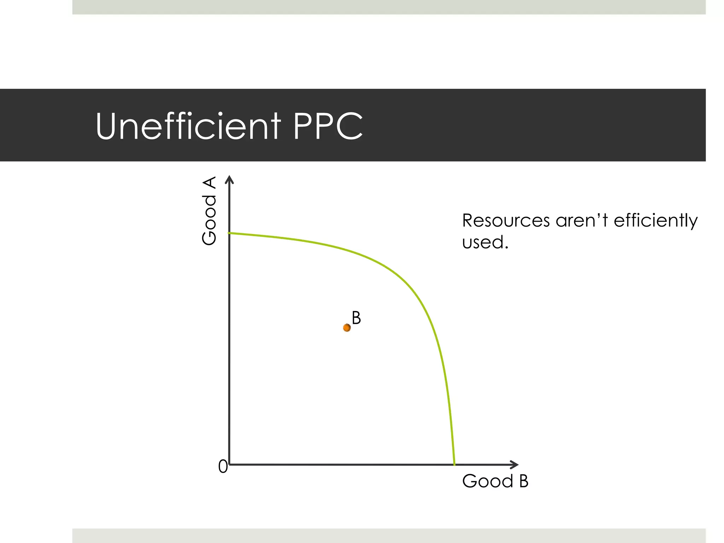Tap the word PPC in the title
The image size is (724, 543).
[x=328, y=126]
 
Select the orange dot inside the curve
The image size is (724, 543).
[x=347, y=328]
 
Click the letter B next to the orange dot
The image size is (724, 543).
[x=356, y=318]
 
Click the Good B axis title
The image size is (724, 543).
[x=495, y=481]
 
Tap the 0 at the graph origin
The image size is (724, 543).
[x=223, y=467]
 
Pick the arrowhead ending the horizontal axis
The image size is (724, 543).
[x=515, y=464]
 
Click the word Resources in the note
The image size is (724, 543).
[x=506, y=221]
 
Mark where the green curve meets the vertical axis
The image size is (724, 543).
[x=230, y=233]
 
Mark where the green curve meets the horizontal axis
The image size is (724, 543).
[x=454, y=464]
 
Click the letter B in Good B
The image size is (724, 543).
[x=524, y=481]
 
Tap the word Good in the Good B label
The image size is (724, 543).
[x=487, y=481]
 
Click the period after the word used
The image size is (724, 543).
[x=507, y=248]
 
